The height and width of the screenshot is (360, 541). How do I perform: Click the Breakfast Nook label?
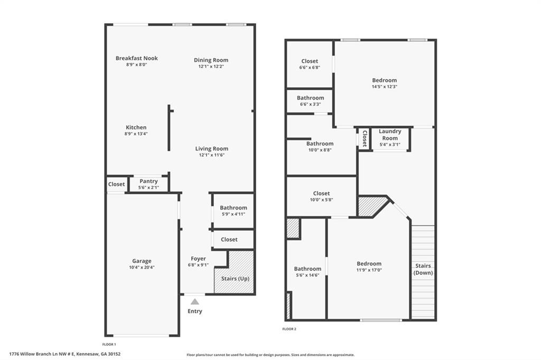136,58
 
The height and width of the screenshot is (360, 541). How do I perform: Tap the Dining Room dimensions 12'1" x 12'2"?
211,67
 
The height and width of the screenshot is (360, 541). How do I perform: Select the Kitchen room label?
136,127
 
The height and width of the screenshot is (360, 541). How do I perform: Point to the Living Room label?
211,148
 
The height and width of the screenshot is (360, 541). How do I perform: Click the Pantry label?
148,181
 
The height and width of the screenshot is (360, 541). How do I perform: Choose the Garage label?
142,261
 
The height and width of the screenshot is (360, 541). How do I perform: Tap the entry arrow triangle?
195,301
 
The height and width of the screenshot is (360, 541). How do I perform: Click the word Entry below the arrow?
194,311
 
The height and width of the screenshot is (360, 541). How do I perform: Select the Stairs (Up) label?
235,278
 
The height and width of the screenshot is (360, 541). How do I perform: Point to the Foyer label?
198,259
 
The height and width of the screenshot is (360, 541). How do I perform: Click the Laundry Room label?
390,135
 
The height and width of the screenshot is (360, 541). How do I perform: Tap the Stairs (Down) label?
423,269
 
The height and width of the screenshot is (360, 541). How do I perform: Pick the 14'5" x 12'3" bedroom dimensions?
384,87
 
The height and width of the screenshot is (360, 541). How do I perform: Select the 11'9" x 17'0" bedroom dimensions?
369,270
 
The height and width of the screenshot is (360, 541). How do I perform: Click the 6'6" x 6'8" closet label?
309,68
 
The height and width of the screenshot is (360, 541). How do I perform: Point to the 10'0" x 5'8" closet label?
321,200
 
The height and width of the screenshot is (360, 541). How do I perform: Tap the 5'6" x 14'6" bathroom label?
307,275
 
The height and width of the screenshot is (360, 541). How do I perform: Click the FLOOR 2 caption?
289,329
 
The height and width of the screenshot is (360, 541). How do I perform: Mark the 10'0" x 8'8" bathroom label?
320,150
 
